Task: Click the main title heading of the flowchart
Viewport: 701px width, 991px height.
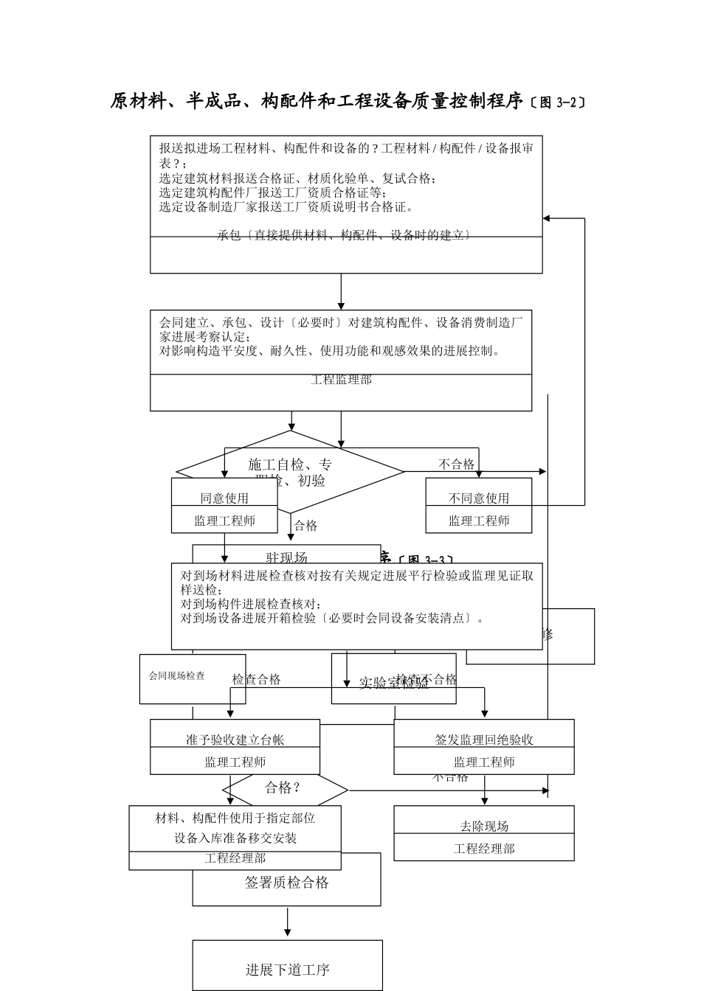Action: pos(317,102)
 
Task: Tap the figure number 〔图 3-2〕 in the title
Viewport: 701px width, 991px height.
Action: pos(558,102)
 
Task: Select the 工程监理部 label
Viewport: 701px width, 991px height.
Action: pos(341,380)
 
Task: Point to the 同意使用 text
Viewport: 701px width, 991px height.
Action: pos(224,498)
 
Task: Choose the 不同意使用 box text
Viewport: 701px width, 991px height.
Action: pos(479,498)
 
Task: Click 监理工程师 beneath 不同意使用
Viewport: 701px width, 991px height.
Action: pos(479,521)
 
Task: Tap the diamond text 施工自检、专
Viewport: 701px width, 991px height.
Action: pos(290,465)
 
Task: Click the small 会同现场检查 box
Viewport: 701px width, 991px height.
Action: pos(177,675)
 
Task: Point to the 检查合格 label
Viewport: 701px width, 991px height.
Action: pos(256,680)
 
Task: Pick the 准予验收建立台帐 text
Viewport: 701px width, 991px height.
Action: pos(235,740)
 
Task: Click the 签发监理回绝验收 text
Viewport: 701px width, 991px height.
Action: pos(484,740)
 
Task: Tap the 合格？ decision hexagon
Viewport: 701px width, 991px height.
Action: pos(284,788)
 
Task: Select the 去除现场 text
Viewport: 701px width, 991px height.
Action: pos(484,827)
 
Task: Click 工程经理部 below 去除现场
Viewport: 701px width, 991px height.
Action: pos(484,849)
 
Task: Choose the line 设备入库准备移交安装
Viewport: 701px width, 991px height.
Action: pos(235,838)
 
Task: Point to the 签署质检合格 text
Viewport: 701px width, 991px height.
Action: pos(286,883)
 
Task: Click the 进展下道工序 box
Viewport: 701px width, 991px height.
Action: pos(288,970)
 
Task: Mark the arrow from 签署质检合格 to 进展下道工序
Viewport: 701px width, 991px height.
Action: pos(288,922)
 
